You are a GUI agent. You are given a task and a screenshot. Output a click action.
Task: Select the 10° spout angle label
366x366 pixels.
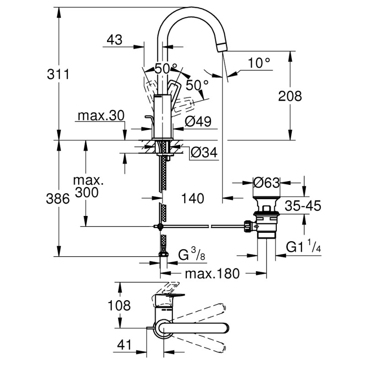[x=259, y=63]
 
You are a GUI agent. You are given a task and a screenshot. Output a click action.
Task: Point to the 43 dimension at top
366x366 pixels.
[x=115, y=40]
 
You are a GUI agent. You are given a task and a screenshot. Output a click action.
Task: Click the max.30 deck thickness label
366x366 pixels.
[x=101, y=116]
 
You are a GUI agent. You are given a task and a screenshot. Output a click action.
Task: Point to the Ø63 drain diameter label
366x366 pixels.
[x=266, y=182]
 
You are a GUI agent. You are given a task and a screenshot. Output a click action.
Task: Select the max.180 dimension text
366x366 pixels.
[x=212, y=274]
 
